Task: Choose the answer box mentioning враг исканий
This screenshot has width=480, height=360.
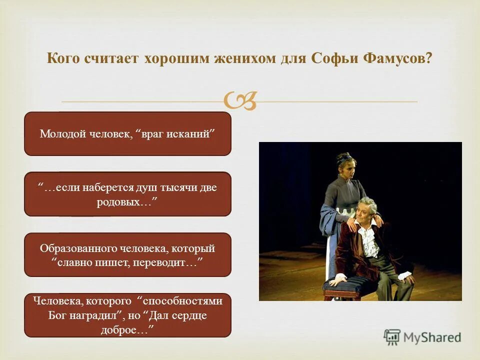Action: click(x=127, y=133)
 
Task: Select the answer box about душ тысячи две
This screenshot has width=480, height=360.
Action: click(x=127, y=194)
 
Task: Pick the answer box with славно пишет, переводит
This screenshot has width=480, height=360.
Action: click(x=127, y=254)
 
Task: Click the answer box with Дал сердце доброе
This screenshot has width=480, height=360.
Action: click(x=127, y=315)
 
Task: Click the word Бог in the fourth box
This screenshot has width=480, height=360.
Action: click(x=57, y=315)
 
